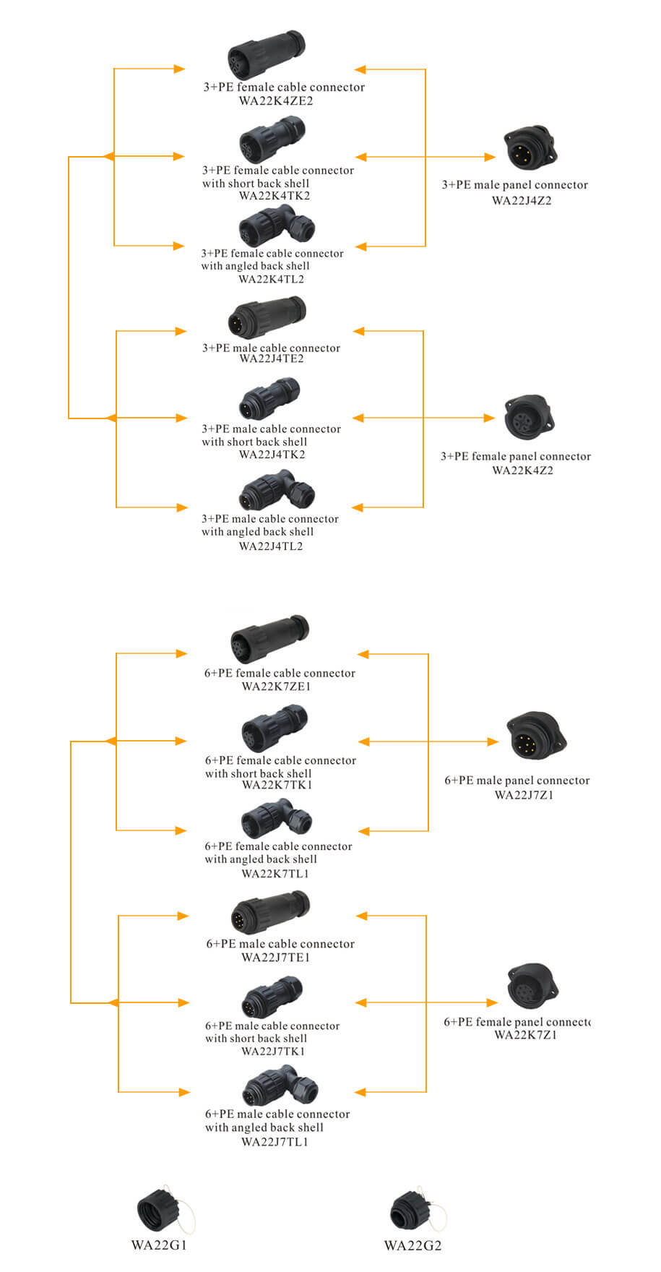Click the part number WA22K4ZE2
point(276,101)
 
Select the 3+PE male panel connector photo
point(530,148)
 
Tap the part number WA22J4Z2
point(522,201)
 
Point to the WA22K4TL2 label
point(271,280)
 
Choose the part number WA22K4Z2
point(523,470)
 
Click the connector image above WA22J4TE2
point(267,316)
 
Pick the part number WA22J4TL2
point(271,546)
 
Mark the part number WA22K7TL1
point(275,874)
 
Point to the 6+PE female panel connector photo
point(533,986)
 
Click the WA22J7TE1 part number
point(275,958)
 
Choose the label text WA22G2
point(412,1245)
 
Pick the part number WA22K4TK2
point(274,196)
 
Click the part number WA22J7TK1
point(273,1052)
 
